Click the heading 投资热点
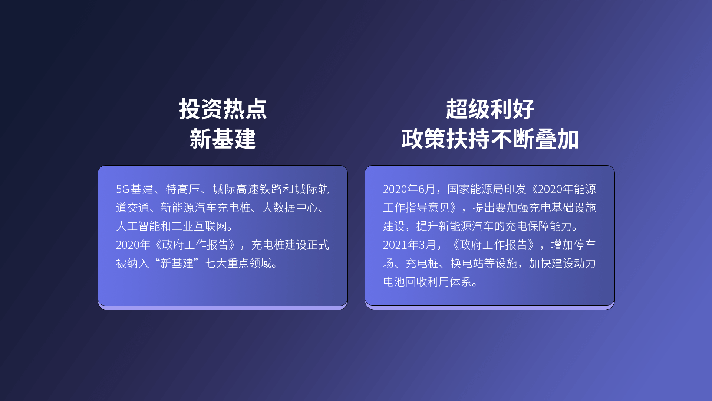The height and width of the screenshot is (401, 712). pos(223,109)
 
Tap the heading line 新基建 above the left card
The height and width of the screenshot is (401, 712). pos(223,139)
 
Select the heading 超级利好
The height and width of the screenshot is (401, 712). pos(490,109)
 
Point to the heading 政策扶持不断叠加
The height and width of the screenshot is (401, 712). pos(490,139)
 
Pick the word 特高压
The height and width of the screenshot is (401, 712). pos(183,189)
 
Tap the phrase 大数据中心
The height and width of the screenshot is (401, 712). pos(290,208)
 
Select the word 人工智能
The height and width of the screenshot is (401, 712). pos(138,226)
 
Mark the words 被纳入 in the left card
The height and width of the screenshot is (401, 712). pos(132,263)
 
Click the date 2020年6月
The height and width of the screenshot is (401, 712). pos(409,189)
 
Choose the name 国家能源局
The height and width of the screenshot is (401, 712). pos(475,189)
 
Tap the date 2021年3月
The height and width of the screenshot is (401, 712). pos(409,245)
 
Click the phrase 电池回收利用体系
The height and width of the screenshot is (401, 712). pos(427,282)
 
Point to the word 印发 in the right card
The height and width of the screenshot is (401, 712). pos(515,189)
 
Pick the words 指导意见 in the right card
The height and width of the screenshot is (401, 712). pos(427,208)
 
